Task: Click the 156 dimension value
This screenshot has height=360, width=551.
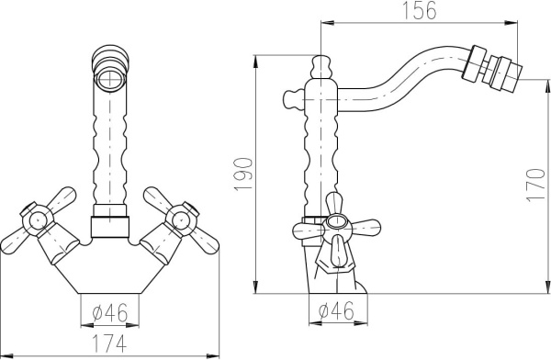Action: coord(419,10)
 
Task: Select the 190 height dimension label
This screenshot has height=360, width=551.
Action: coord(243,174)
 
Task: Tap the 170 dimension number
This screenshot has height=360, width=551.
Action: coord(535,185)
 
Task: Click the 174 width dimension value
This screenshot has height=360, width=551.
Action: coord(109,343)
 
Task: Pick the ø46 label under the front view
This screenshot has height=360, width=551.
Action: coord(110,312)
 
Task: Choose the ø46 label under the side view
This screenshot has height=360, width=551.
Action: coord(336,310)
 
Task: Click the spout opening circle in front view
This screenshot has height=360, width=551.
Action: coord(110,78)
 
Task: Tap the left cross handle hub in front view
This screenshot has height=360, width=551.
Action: coord(38,220)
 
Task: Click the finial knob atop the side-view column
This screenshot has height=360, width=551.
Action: coord(320,66)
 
